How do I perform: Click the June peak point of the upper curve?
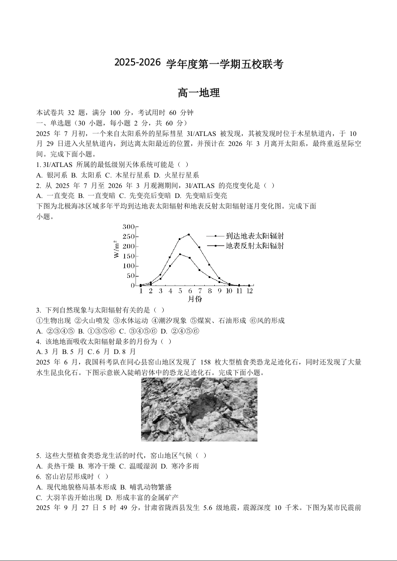point(189,234)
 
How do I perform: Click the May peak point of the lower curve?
point(180,254)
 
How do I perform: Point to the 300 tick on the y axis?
point(129,227)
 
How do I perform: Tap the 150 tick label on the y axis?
point(129,256)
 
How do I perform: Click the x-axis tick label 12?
point(249,291)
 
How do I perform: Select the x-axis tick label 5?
point(170,291)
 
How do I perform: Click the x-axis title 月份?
point(195,299)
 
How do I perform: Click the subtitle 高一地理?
point(199,93)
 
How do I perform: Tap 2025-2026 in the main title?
point(138,63)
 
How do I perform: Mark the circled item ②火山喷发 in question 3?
point(88,320)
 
